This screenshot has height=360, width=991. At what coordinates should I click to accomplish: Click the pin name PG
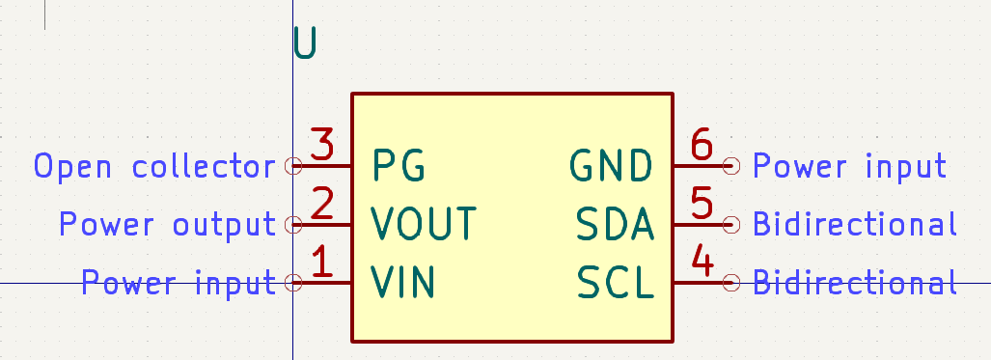click(x=399, y=166)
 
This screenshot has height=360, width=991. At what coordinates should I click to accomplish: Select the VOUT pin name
click(x=424, y=224)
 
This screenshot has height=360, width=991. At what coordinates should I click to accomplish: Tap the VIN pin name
click(x=403, y=283)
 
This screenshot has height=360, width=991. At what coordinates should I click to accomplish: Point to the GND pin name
click(x=612, y=166)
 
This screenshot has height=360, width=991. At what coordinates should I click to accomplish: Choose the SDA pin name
click(x=616, y=224)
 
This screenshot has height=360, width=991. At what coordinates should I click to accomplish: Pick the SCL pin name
click(x=617, y=283)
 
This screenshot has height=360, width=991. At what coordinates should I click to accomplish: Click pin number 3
click(x=322, y=146)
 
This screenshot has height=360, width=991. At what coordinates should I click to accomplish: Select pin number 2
click(x=322, y=204)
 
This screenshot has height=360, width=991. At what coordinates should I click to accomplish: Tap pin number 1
click(x=324, y=263)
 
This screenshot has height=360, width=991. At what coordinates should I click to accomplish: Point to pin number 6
click(x=702, y=146)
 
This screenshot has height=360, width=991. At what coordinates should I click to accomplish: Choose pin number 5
click(x=702, y=204)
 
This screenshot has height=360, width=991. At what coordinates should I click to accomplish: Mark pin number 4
click(x=702, y=263)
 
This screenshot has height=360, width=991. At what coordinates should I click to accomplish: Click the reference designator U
click(x=305, y=43)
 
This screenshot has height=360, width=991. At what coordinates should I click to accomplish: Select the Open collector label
click(x=154, y=167)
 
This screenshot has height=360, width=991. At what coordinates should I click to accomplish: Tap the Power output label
click(x=167, y=225)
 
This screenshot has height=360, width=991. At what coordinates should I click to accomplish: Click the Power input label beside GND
click(x=849, y=166)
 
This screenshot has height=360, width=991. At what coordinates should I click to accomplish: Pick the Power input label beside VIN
click(x=179, y=283)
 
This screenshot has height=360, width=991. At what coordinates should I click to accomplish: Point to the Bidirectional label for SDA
click(x=855, y=225)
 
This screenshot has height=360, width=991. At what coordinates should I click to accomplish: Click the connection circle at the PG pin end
click(x=294, y=166)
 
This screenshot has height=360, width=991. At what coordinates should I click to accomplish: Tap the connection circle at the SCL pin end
click(x=731, y=283)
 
